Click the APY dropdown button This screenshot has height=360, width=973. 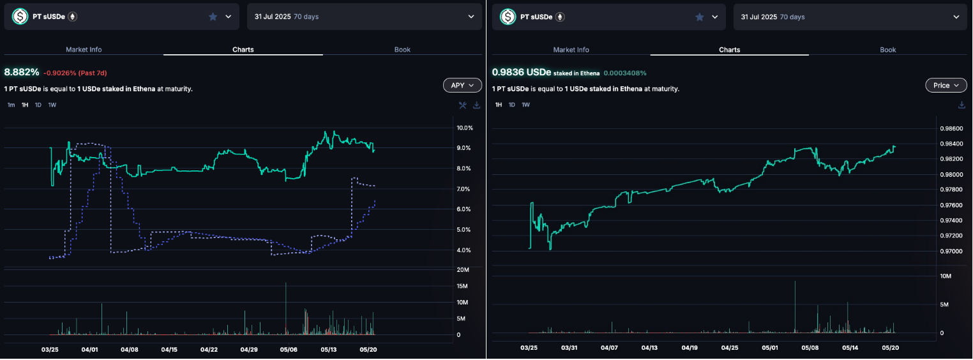pos(462,85)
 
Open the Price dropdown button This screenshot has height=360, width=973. pos(946,85)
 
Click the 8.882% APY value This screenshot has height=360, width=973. pos(22,72)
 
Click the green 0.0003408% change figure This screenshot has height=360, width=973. pos(630,73)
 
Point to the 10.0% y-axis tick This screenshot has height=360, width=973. pos(465,128)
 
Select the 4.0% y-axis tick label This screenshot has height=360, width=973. pos(465,250)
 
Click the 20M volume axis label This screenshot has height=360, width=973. pos(465,269)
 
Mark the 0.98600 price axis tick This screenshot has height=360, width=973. pos(951,128)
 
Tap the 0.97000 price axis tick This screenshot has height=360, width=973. pos(951,251)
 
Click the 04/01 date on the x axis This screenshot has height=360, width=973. pos(90,350)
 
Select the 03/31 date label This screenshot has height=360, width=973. pos(569,348)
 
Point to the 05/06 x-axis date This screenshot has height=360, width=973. pos(289,350)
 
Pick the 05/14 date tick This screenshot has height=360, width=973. pos(850,348)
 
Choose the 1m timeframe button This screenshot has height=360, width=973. pos(11,105)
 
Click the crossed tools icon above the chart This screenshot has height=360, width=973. pos(463,105)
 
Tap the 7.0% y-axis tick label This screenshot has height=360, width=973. pos(465,189)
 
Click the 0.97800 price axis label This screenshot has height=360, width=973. pos(951,190)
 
